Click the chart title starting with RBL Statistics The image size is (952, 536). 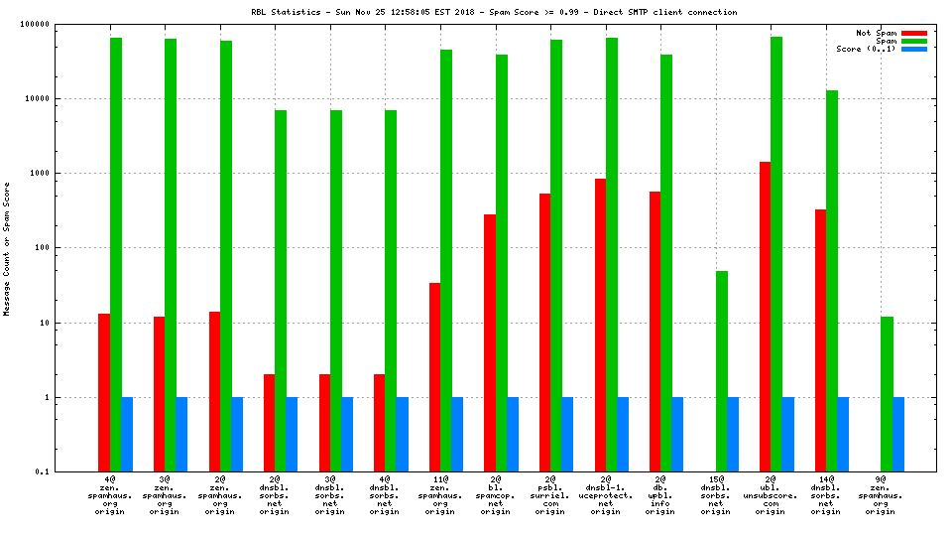[494, 12]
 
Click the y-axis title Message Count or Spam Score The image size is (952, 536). [8, 248]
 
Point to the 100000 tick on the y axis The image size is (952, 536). [61, 24]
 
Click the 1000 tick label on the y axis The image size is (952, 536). [65, 173]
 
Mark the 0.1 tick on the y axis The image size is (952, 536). [68, 471]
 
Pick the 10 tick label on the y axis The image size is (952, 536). [69, 323]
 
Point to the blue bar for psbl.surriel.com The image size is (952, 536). [567, 434]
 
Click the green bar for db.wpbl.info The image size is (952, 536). [666, 262]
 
